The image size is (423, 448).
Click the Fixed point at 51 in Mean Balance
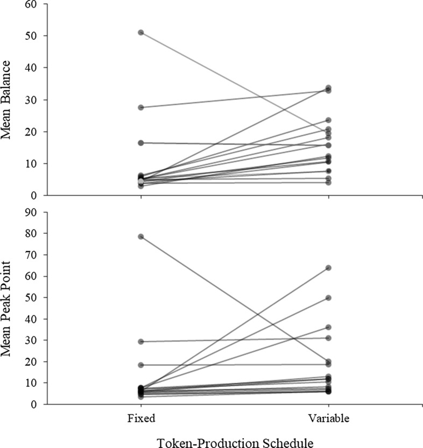click(141, 33)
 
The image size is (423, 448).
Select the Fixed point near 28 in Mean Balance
click(141, 107)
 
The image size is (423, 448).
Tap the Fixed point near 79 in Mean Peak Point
click(141, 236)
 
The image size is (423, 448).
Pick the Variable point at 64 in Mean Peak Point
click(328, 268)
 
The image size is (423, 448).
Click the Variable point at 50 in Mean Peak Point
click(328, 298)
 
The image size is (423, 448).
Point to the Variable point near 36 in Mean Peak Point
click(328, 327)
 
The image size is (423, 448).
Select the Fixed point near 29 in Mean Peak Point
click(141, 342)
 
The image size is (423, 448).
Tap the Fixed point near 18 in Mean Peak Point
click(141, 365)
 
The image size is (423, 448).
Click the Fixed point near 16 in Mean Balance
click(141, 143)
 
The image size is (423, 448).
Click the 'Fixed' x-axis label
click(141, 417)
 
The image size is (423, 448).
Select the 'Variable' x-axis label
click(328, 417)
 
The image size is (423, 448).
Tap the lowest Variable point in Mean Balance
click(328, 183)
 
